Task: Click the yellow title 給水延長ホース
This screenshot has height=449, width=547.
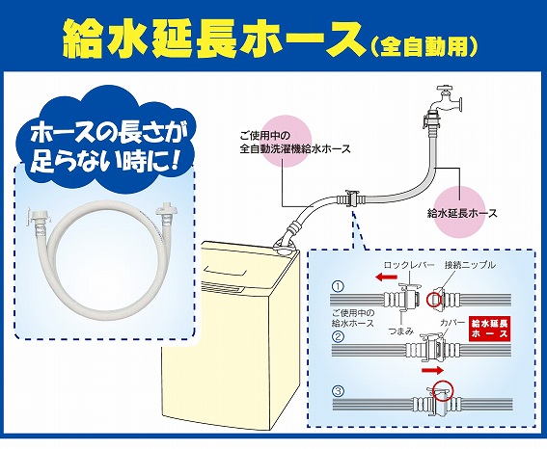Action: click(212, 39)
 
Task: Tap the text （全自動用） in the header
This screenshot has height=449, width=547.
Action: click(424, 45)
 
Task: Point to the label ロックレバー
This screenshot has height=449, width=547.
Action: click(409, 265)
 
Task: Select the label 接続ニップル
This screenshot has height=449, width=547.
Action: click(470, 265)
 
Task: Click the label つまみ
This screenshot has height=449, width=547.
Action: click(400, 330)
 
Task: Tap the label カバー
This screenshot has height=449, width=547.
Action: click(453, 322)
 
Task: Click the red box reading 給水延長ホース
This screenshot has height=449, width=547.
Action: click(489, 329)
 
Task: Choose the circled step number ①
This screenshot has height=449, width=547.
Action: click(338, 287)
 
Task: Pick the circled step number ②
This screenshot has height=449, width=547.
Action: click(338, 336)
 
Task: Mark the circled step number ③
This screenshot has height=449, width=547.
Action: click(338, 391)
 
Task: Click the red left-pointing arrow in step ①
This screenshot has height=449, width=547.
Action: click(386, 277)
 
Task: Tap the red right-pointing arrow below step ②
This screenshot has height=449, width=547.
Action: click(432, 370)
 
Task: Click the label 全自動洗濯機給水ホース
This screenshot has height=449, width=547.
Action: click(295, 149)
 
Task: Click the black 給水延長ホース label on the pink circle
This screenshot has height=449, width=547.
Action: click(462, 213)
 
